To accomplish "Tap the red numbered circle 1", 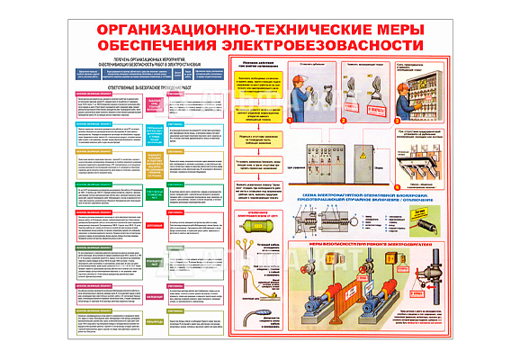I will [x=290, y=120].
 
